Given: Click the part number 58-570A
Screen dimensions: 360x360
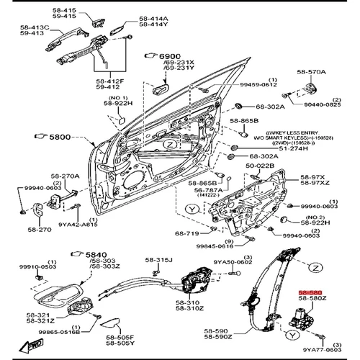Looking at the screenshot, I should click(311, 72).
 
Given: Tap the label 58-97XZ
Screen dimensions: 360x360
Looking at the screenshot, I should click(315, 184).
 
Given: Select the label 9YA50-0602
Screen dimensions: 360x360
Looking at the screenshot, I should click(235, 263).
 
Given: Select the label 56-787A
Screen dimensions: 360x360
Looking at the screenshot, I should click(210, 190).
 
